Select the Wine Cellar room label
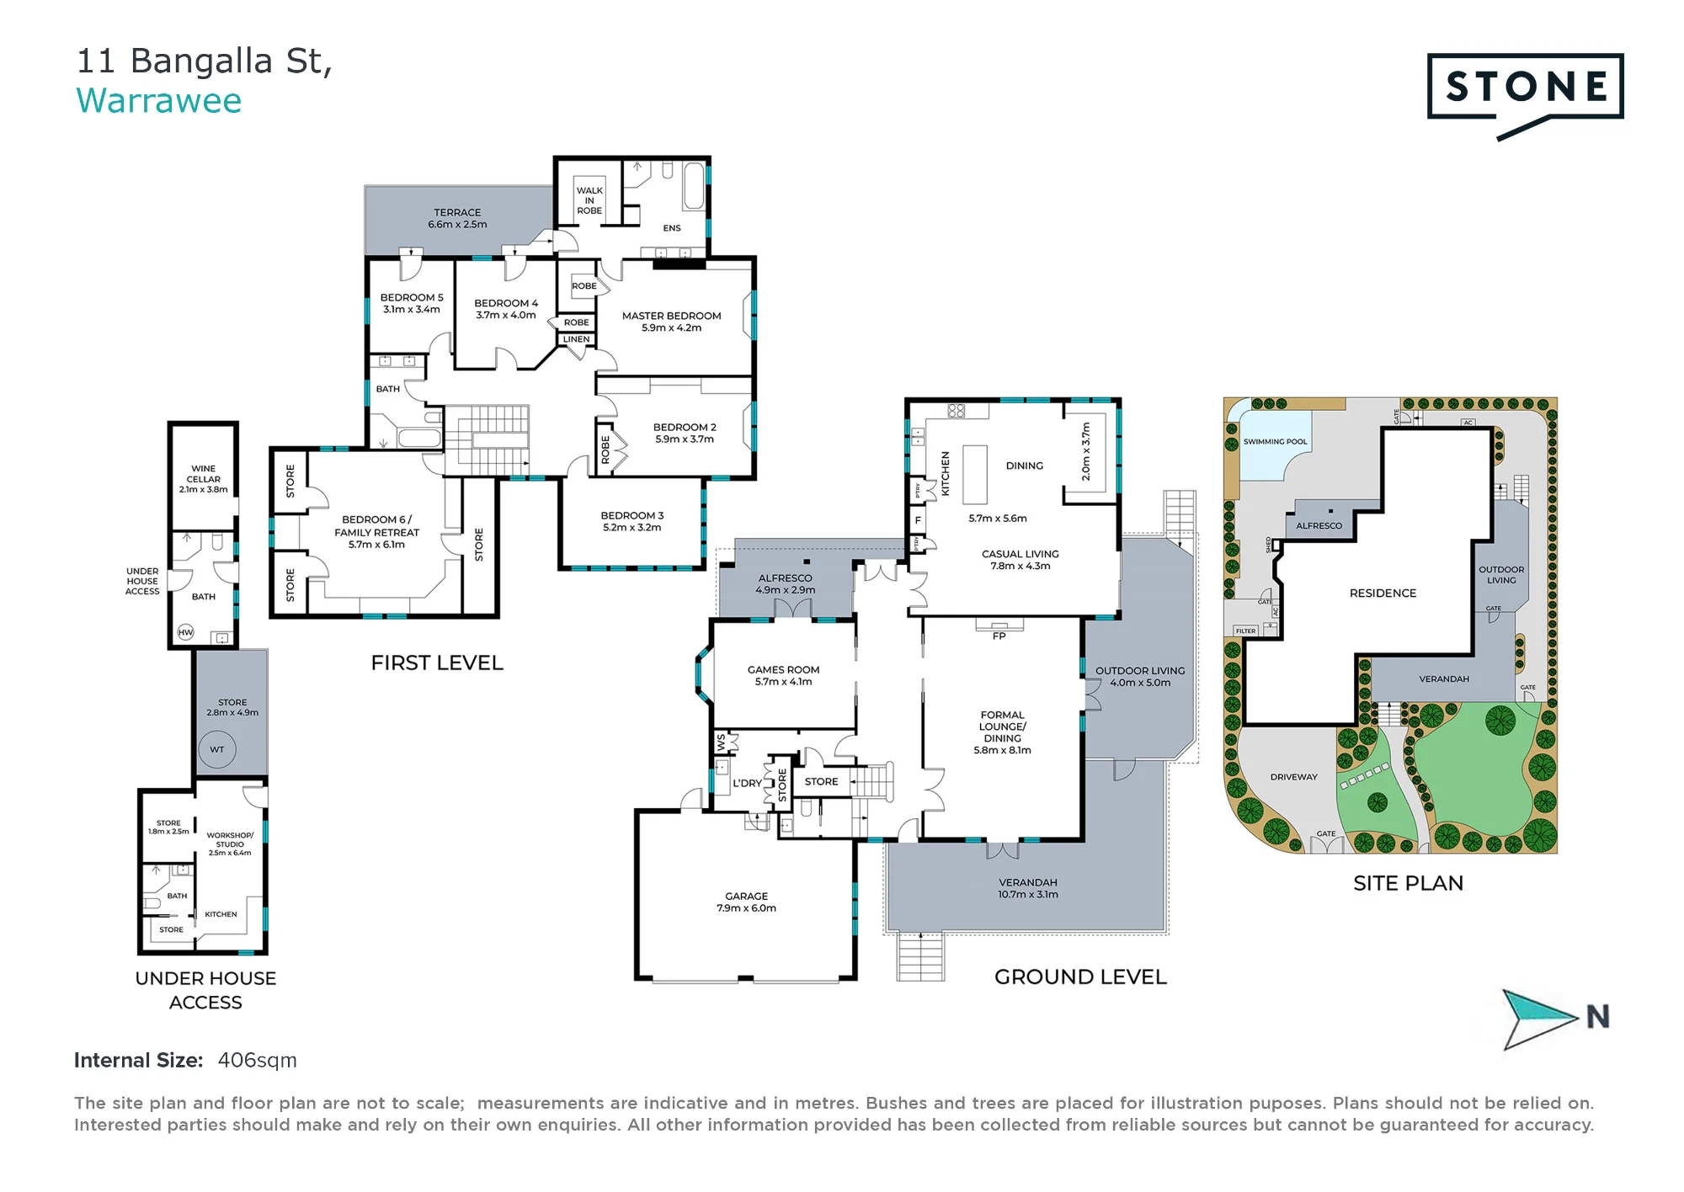(203, 479)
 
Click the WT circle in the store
(217, 749)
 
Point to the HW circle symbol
(185, 632)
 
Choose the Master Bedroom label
(671, 322)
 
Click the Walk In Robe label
(589, 200)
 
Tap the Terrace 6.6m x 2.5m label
(457, 219)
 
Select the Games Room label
(783, 675)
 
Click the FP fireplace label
(999, 636)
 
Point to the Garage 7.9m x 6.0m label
(746, 902)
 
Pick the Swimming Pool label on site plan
(1275, 441)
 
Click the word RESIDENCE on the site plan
(1383, 593)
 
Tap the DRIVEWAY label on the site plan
(1293, 777)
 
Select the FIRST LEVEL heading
(437, 663)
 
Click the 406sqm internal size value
(257, 1061)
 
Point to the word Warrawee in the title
(159, 101)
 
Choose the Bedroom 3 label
(631, 521)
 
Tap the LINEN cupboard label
(576, 339)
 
